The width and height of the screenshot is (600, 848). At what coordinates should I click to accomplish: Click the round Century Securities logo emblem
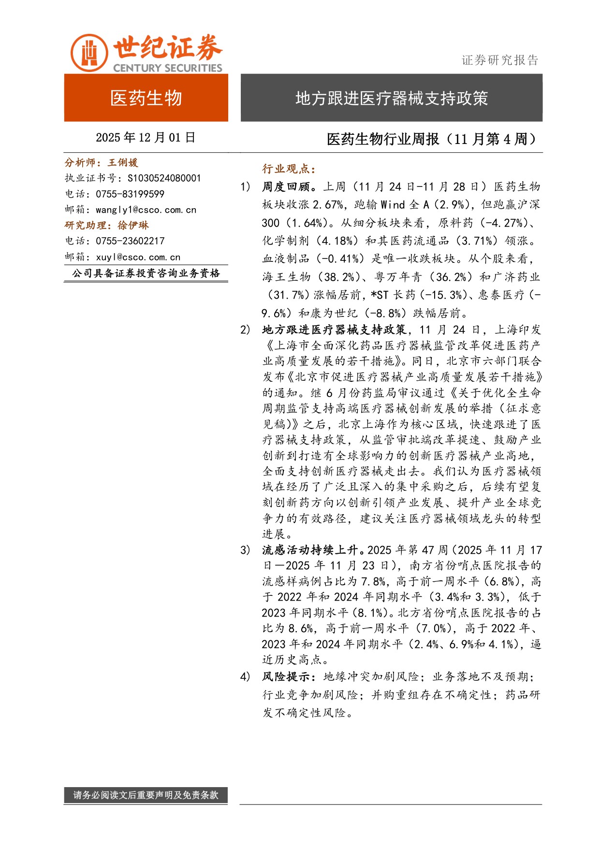(89, 53)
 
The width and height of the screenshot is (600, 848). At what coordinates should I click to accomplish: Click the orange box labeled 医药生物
(146, 98)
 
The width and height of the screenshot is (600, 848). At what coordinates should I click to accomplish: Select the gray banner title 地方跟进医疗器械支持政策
(391, 98)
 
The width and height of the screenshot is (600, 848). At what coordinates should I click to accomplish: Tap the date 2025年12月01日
(146, 138)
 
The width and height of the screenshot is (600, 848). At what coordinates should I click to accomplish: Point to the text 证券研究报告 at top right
(499, 60)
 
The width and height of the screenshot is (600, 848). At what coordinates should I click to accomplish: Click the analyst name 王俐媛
(123, 163)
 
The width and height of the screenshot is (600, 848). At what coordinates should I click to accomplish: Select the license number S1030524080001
(164, 178)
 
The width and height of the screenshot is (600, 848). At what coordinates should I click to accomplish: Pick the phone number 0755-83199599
(130, 194)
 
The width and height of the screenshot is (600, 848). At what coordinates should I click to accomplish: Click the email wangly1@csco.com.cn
(146, 210)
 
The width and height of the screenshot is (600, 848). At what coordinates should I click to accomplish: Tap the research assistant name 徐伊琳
(133, 225)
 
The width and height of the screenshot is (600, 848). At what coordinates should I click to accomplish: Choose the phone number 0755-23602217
(130, 241)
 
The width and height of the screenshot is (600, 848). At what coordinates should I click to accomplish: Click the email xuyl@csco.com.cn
(138, 257)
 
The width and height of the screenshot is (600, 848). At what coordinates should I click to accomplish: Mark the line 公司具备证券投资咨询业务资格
(146, 273)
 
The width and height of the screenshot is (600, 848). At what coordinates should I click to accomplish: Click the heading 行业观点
(289, 169)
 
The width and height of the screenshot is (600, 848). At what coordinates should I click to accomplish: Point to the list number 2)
(245, 330)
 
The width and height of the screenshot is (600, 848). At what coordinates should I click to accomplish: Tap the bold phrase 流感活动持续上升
(314, 550)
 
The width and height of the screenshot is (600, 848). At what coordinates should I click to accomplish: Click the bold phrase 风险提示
(289, 676)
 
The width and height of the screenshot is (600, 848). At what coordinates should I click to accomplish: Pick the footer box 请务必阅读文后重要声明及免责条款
(146, 795)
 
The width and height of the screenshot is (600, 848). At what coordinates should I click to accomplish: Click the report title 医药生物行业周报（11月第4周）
(432, 139)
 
